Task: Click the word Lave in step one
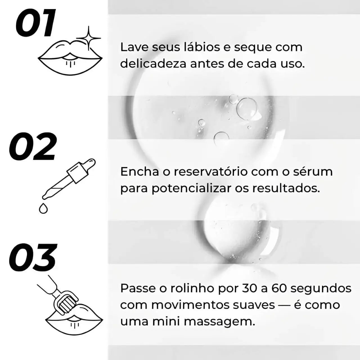point(134,47)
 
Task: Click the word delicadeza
point(153,64)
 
